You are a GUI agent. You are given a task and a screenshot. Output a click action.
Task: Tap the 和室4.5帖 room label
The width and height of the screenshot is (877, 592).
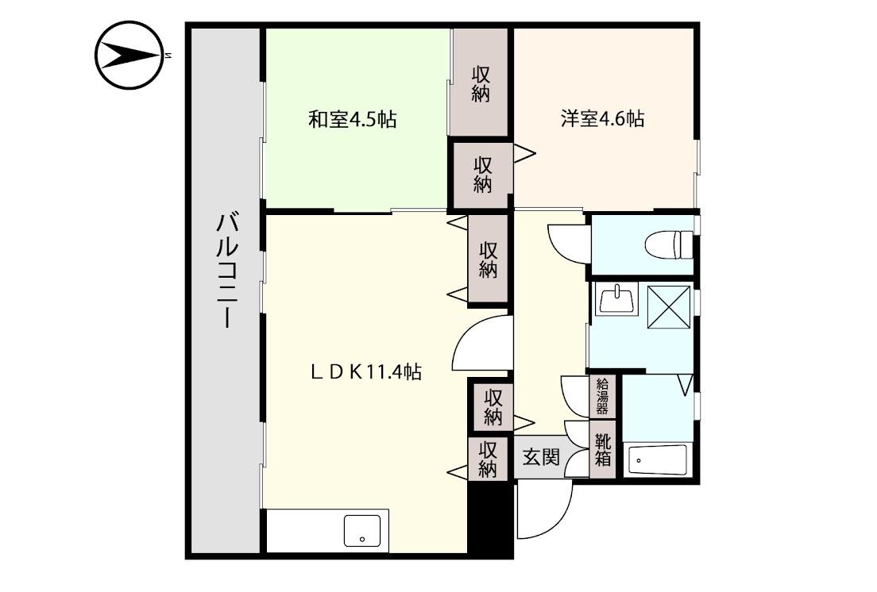[353, 120]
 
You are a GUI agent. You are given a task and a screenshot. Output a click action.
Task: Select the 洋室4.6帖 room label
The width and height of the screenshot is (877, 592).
[601, 119]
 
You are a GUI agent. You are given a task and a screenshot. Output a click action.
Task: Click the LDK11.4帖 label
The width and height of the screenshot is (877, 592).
[365, 371]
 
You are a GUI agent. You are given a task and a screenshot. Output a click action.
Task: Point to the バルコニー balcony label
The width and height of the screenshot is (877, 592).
[227, 269]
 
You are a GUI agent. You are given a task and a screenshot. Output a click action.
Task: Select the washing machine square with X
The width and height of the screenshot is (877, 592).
[669, 306]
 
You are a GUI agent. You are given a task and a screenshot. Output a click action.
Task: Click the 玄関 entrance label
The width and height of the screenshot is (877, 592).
[541, 457]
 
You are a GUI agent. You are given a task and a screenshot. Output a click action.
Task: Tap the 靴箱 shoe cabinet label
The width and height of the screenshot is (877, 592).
[603, 450]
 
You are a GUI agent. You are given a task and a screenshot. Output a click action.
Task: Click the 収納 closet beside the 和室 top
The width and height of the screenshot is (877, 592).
[481, 83]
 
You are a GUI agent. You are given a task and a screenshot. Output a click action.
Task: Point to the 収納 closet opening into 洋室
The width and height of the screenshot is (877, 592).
[482, 175]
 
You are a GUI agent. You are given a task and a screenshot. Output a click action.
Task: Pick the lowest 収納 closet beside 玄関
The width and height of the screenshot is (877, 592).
[487, 459]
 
